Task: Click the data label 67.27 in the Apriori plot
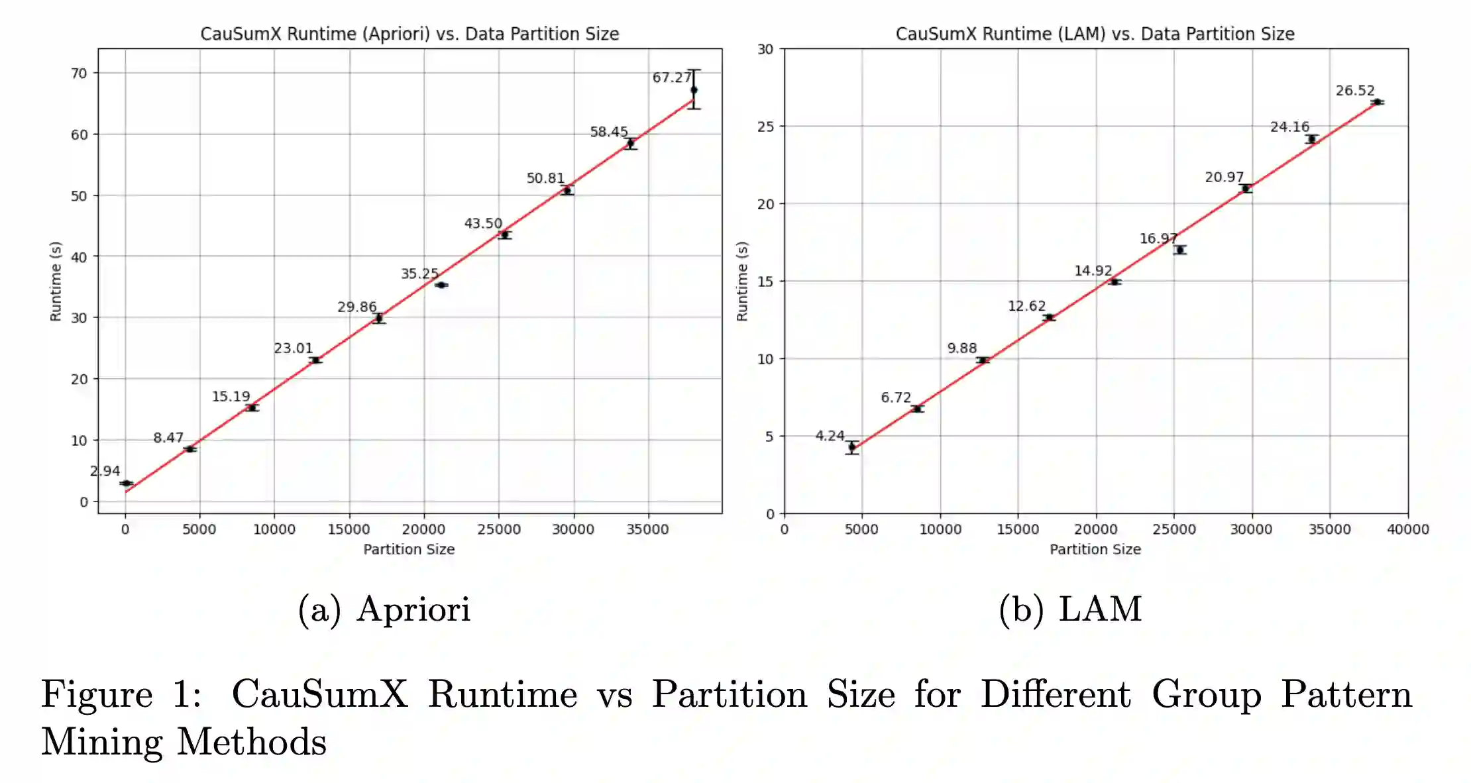point(671,78)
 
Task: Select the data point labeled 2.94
point(126,483)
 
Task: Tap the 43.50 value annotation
point(483,223)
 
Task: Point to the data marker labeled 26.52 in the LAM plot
point(1377,102)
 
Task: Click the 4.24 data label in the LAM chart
point(830,435)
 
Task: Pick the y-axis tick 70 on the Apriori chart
point(79,73)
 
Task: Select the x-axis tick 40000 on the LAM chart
point(1407,529)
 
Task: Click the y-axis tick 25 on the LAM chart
point(765,127)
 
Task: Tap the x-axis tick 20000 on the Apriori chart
point(423,529)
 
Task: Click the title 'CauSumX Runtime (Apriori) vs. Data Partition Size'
point(409,34)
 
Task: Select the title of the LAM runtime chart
point(1095,34)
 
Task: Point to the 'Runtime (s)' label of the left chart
point(56,282)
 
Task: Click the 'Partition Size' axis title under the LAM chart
point(1095,549)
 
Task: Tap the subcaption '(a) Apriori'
point(384,609)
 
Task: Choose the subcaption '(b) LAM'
point(1070,609)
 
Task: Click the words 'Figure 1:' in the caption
point(121,694)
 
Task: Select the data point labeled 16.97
point(1180,250)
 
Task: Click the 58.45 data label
point(608,132)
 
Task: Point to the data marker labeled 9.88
point(983,360)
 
